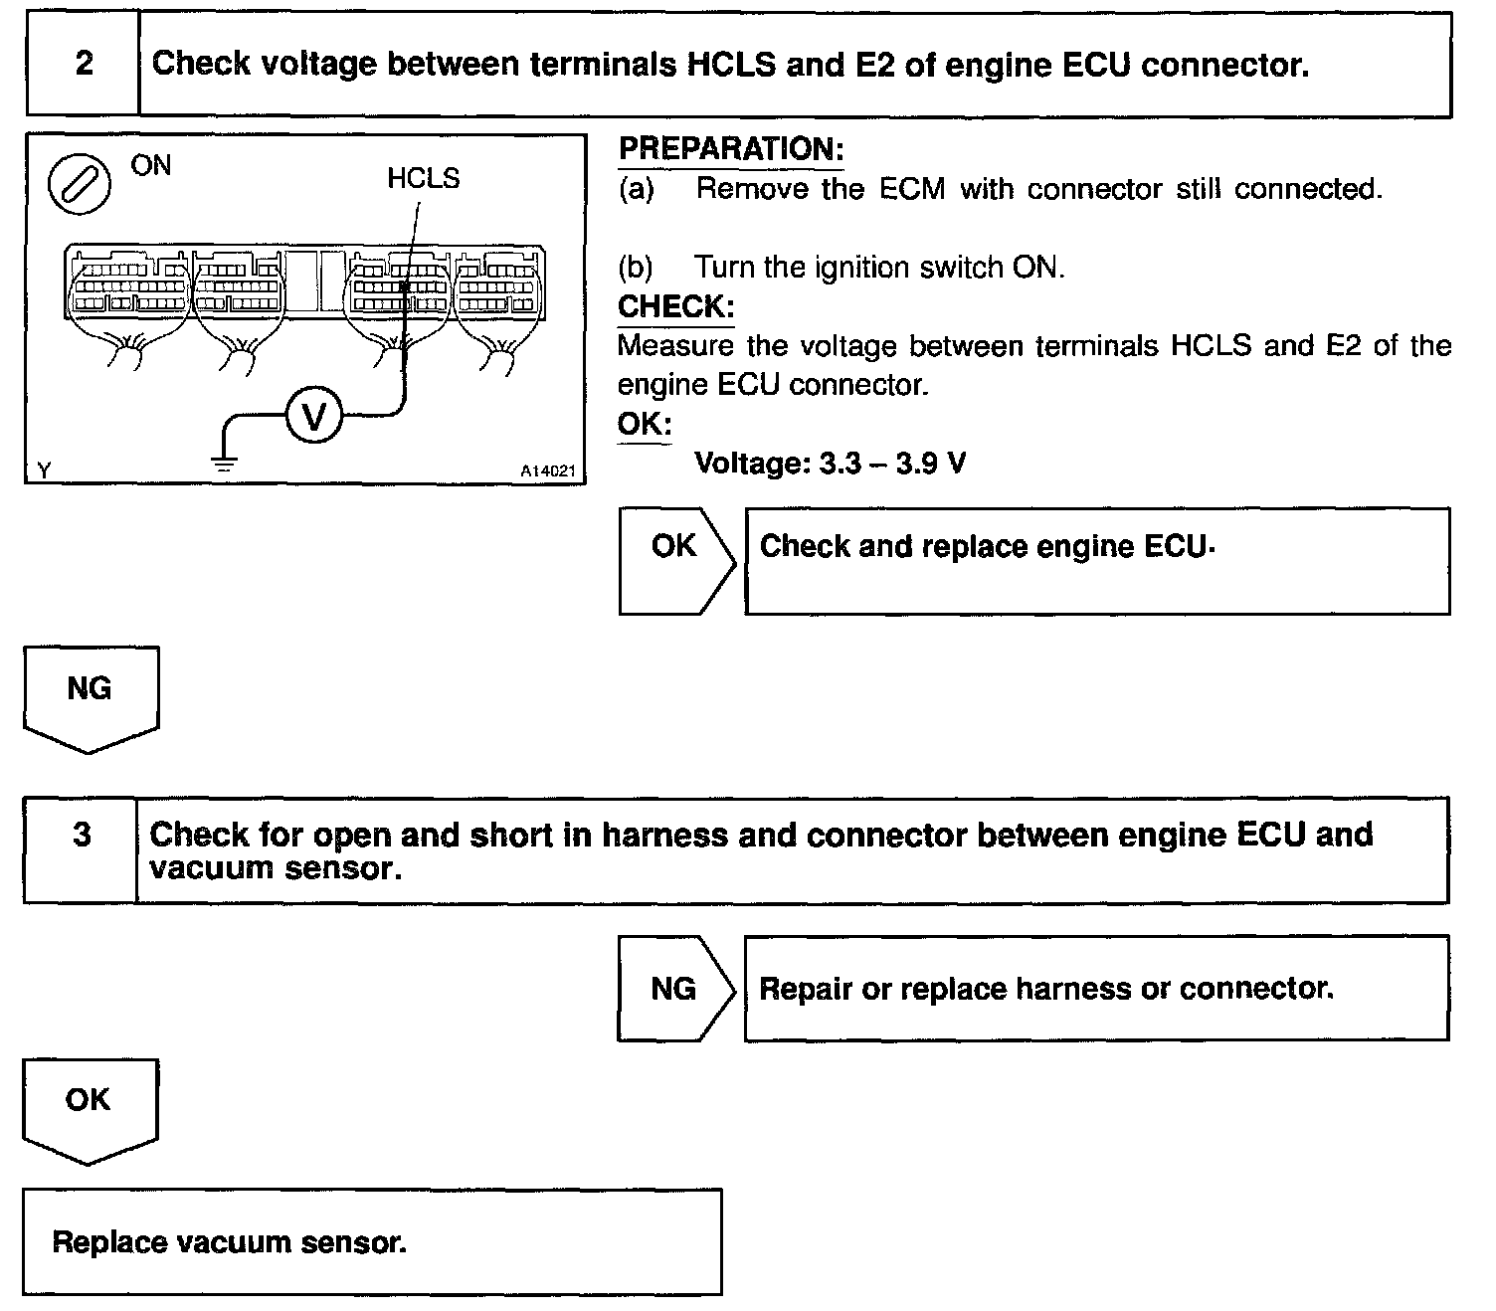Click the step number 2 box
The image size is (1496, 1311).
click(84, 65)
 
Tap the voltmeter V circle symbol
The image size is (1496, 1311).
click(313, 417)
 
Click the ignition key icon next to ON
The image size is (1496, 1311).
click(79, 183)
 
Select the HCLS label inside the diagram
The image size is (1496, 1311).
click(424, 179)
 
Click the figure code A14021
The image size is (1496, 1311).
click(548, 471)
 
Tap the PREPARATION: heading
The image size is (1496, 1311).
click(731, 149)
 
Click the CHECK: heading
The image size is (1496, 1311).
click(675, 306)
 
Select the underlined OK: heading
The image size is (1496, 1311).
click(644, 424)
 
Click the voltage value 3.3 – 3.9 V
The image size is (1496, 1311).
click(892, 464)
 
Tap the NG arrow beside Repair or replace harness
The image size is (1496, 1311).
click(674, 989)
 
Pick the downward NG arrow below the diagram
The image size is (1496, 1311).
click(90, 695)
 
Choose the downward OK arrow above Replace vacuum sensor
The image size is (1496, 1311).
click(89, 1106)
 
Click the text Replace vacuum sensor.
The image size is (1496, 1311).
click(229, 1242)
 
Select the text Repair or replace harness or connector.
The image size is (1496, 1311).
click(1045, 989)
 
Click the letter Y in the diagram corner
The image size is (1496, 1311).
click(43, 469)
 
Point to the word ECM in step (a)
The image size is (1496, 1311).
click(911, 189)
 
